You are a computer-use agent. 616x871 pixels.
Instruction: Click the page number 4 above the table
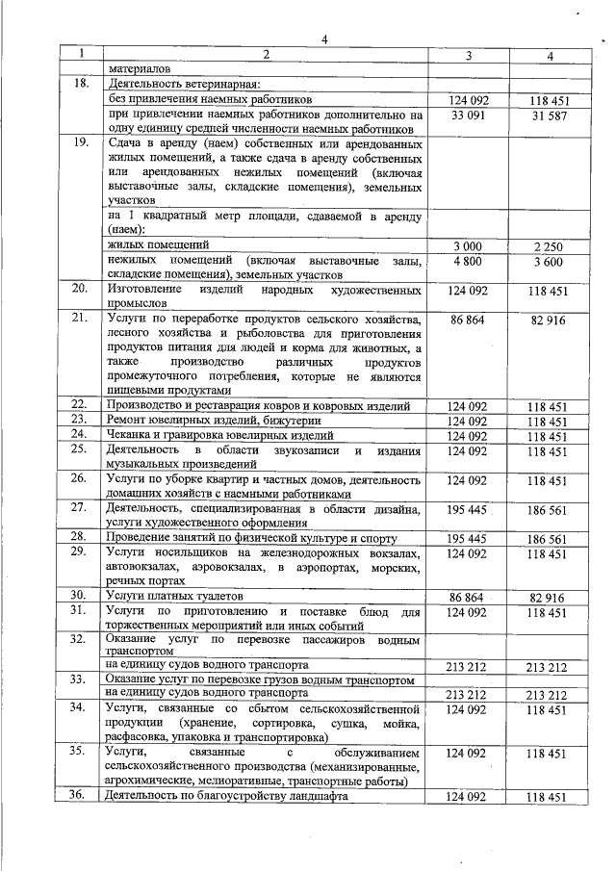tap(324, 39)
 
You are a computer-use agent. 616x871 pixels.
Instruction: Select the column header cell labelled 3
tap(467, 56)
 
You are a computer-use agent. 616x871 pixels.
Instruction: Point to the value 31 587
tap(550, 115)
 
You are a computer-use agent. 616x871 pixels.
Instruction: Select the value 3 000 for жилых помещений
tap(467, 246)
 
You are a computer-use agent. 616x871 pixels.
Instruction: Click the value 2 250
tap(550, 246)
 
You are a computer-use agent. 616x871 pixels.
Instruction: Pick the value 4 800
tap(467, 261)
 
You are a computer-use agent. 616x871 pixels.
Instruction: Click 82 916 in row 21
tap(550, 320)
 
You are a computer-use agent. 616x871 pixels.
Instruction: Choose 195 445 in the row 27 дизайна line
tap(467, 508)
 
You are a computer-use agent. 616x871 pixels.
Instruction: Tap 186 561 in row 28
tap(550, 539)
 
